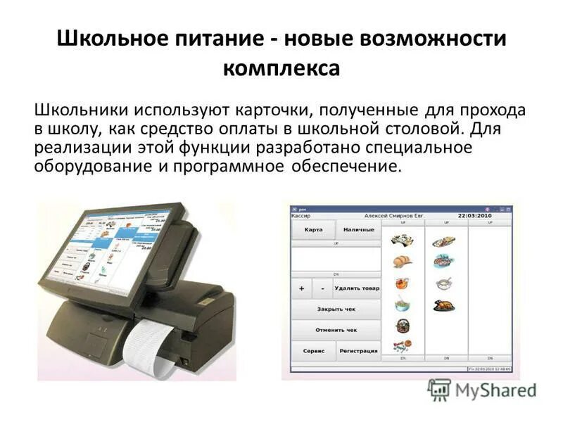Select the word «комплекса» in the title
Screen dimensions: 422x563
point(281,68)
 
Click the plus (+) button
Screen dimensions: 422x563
point(301,288)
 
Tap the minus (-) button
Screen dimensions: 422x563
point(322,288)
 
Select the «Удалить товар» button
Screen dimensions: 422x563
point(357,288)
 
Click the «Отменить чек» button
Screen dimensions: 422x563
point(336,329)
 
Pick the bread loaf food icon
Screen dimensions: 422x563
point(403,262)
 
